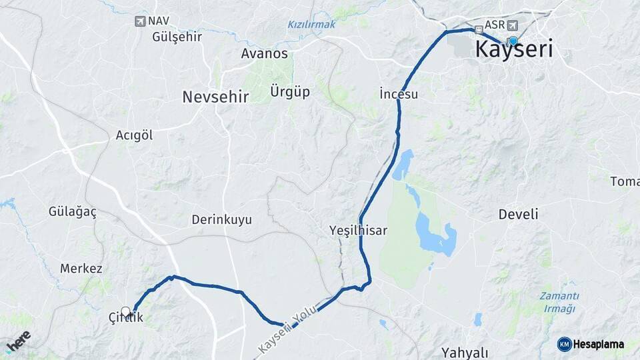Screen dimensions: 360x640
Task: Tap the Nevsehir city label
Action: click(215, 97)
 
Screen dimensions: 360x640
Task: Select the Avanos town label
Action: click(265, 53)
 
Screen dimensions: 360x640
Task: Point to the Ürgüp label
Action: click(290, 91)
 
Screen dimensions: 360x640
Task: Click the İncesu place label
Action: click(398, 94)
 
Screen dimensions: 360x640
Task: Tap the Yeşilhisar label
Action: click(358, 230)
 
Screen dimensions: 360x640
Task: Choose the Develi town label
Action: click(518, 215)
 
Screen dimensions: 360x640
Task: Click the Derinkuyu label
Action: click(222, 219)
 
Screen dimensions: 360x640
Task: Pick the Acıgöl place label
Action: click(134, 135)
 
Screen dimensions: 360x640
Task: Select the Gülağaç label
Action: click(73, 212)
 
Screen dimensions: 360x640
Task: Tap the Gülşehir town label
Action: click(177, 37)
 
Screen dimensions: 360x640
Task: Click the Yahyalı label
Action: click(465, 353)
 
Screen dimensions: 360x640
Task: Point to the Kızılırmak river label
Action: click(311, 24)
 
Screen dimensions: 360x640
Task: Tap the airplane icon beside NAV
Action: click(139, 21)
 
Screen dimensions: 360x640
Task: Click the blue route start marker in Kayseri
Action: click(513, 41)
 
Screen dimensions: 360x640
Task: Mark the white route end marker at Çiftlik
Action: click(125, 311)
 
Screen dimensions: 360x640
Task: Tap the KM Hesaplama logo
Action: click(591, 344)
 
